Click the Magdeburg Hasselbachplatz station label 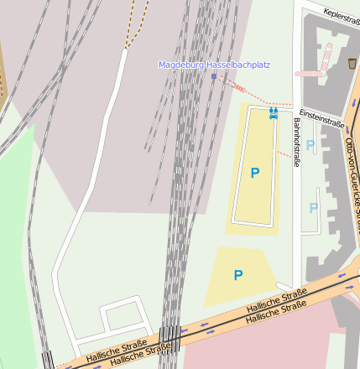click(x=214, y=65)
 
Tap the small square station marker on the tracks click(x=214, y=76)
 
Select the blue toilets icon click(x=273, y=112)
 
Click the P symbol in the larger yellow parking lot click(x=255, y=173)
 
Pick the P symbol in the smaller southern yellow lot click(x=238, y=275)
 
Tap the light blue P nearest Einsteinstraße click(x=310, y=145)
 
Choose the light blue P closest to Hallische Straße click(x=314, y=207)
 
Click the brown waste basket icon click(x=352, y=64)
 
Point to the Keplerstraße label click(x=334, y=15)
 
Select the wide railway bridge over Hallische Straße click(x=170, y=338)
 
